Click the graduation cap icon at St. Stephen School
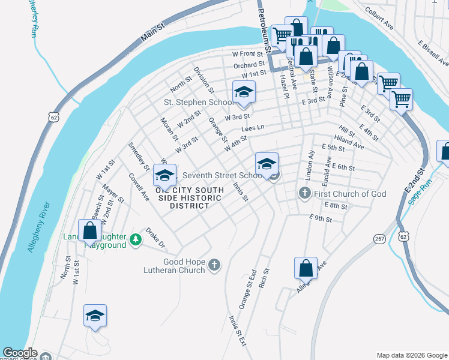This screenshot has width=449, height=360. (244, 92)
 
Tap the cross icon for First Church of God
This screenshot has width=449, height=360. (304, 194)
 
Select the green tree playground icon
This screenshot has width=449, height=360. (136, 239)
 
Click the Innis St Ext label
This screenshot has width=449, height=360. (238, 331)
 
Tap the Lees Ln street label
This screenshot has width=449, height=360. (252, 128)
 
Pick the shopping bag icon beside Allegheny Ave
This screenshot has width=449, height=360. (306, 268)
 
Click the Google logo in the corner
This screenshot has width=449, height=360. (19, 353)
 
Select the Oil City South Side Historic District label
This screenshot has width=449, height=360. (190, 198)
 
